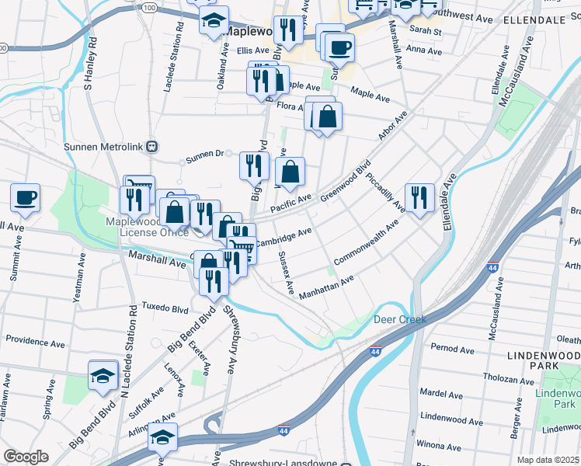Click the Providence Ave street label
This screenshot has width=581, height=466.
pyautogui.click(x=36, y=340)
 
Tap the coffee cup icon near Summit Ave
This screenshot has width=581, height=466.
pyautogui.click(x=25, y=196)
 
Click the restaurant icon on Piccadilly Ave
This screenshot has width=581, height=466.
pyautogui.click(x=419, y=197)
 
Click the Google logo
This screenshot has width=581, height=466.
pyautogui.click(x=26, y=457)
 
